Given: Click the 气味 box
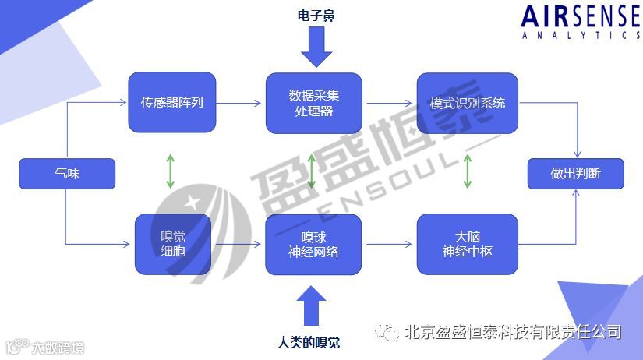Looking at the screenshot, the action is (x=67, y=174).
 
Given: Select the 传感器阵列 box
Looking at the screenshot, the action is (x=171, y=102).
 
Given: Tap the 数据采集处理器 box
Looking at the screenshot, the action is (x=313, y=103).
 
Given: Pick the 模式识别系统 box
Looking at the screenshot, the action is (x=467, y=103).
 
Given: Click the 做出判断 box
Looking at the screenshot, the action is (x=575, y=174).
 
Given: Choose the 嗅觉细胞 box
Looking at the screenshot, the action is (x=172, y=244).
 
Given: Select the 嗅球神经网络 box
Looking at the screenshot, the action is (x=313, y=244).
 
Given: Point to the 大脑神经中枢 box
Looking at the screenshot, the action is (x=467, y=244).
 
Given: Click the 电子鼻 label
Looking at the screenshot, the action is (x=316, y=16).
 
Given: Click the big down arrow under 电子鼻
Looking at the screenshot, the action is (x=316, y=47).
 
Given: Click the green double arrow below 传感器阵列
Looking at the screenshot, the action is (x=171, y=172).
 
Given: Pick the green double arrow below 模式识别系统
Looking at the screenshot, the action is (x=468, y=172).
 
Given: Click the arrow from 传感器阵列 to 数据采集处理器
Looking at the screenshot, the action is (x=240, y=102).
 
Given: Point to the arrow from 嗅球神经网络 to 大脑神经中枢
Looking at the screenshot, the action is (x=390, y=244).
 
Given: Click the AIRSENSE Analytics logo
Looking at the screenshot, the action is (x=580, y=22).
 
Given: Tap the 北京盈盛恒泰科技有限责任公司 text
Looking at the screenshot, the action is (x=512, y=333).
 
